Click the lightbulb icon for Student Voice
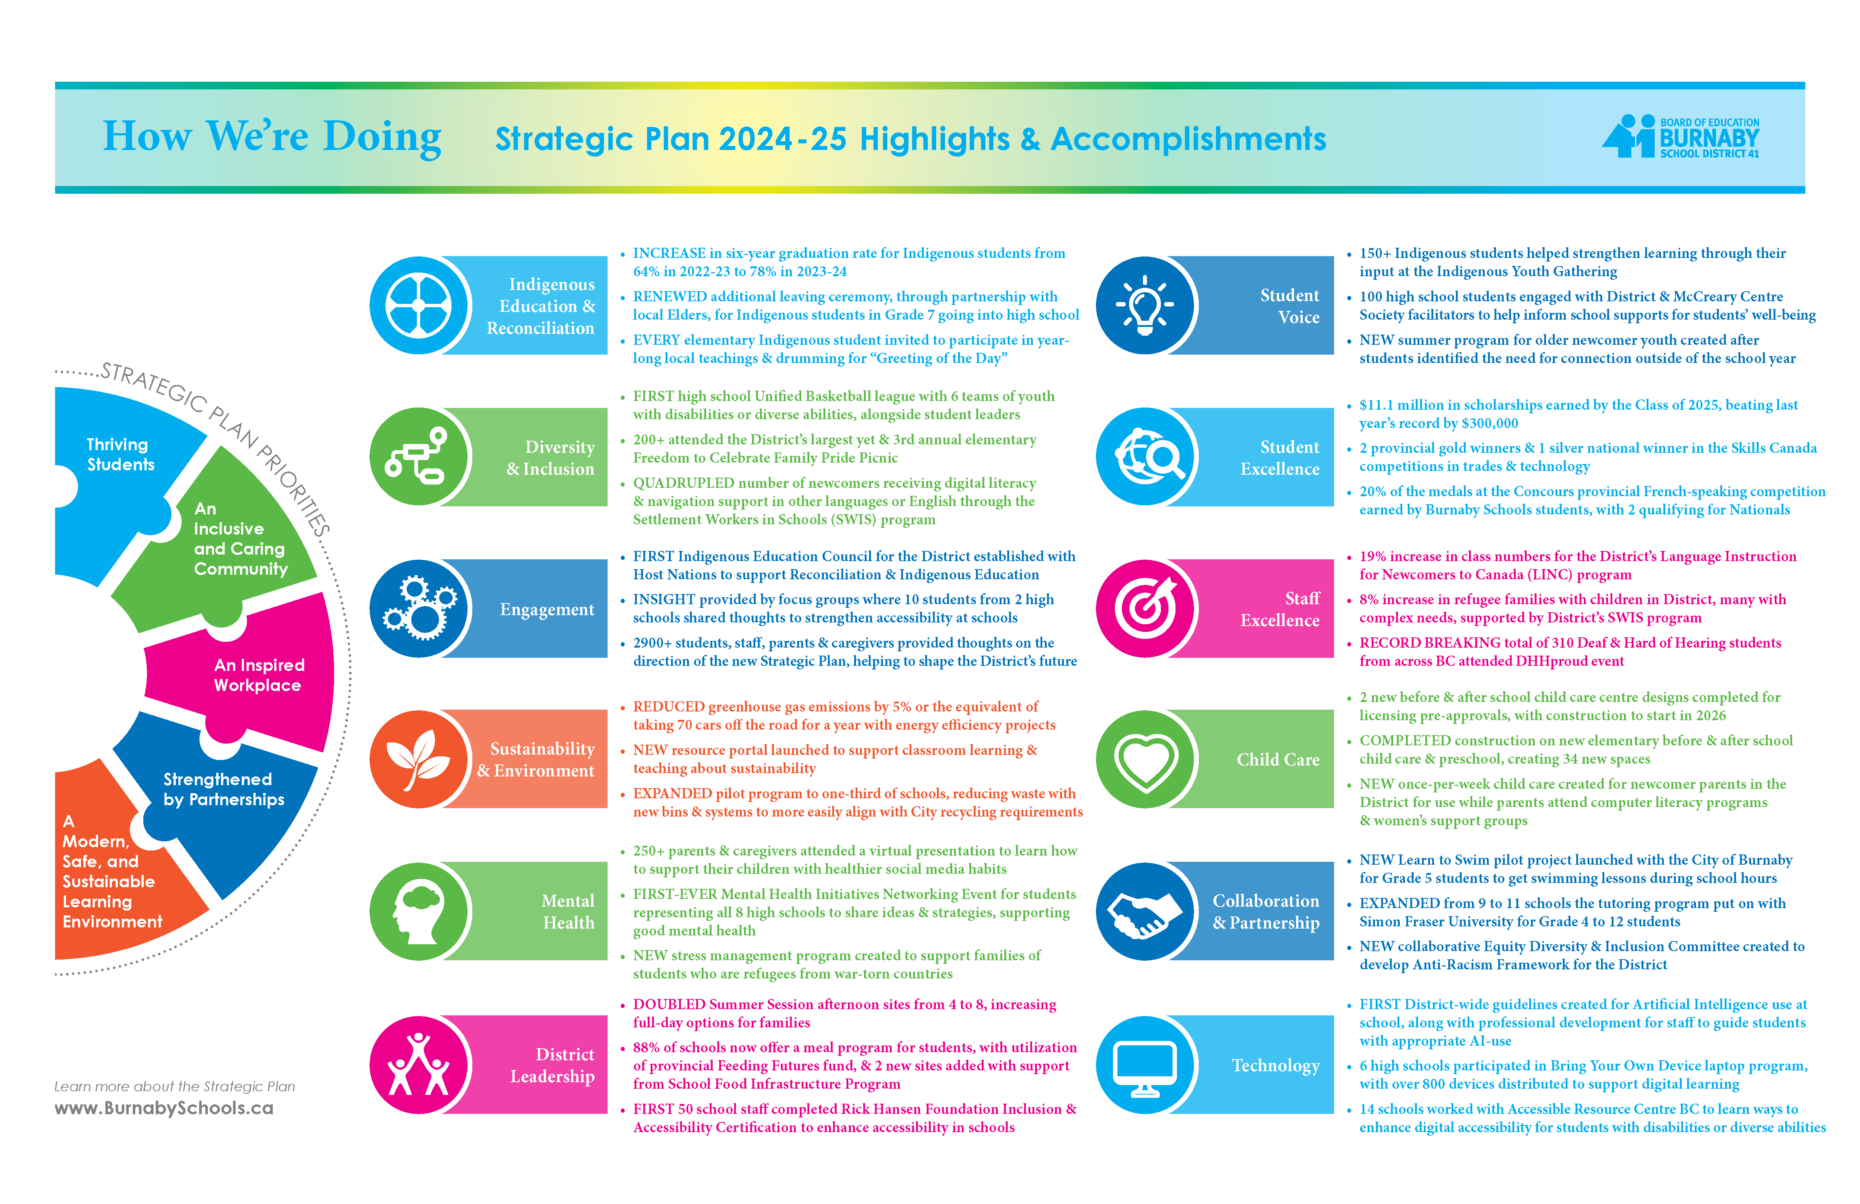point(1145,305)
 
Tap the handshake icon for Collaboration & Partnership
point(1145,911)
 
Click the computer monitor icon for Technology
point(1145,1065)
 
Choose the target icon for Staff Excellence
point(1145,608)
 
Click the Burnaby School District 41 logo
point(1680,138)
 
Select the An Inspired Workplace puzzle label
point(259,675)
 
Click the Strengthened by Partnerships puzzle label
point(224,789)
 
